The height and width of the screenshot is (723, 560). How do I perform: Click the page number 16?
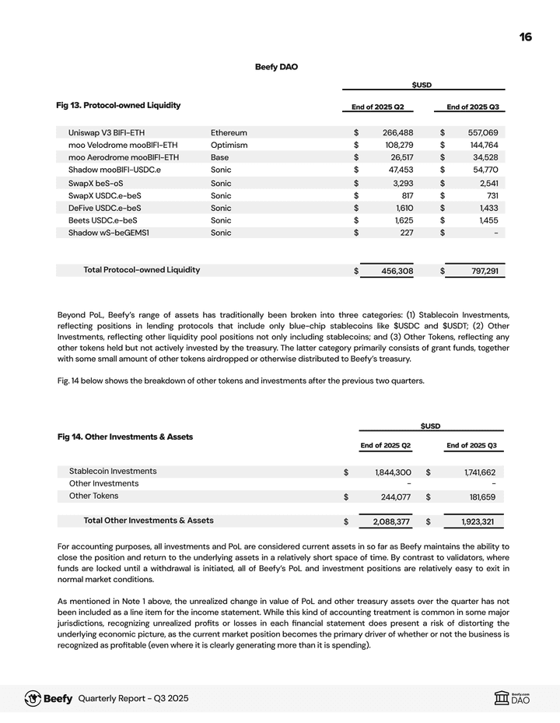point(526,37)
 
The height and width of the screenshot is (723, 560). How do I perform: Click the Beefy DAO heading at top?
point(276,67)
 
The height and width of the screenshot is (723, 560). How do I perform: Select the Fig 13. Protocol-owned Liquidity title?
point(118,105)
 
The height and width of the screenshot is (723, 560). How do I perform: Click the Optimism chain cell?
point(229,145)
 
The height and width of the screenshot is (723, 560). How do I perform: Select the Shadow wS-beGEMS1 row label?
point(109,233)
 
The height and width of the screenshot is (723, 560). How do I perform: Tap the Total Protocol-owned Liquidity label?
point(142,270)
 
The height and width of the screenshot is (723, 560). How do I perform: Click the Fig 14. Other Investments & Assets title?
point(125,437)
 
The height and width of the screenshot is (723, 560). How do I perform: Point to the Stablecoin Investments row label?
point(113,471)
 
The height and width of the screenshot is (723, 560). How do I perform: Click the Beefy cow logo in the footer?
point(33,698)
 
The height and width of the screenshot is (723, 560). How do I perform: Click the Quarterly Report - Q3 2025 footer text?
point(133,699)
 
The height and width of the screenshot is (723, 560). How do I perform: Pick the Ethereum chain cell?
point(229,132)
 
